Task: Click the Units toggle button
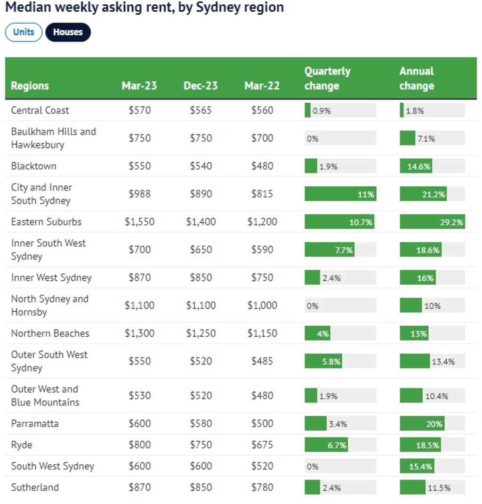coord(24,32)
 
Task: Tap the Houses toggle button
coord(68,32)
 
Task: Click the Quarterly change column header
coord(327,78)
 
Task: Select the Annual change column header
coord(417,78)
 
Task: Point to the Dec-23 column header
coord(201,86)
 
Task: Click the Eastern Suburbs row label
coord(46,222)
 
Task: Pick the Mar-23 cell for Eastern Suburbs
coord(139,222)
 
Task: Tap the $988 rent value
coord(139,194)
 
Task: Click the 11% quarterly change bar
coord(340,194)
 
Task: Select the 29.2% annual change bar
coord(432,222)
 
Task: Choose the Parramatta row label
coord(35,423)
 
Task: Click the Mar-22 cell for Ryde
coord(262,445)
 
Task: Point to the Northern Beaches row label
coord(50,333)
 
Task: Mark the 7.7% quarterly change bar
coord(329,250)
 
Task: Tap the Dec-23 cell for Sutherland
coord(201,487)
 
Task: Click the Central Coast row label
coord(40,110)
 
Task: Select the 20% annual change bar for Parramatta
coord(422,423)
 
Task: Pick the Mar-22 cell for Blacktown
coord(262,166)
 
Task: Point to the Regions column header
coord(30,86)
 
